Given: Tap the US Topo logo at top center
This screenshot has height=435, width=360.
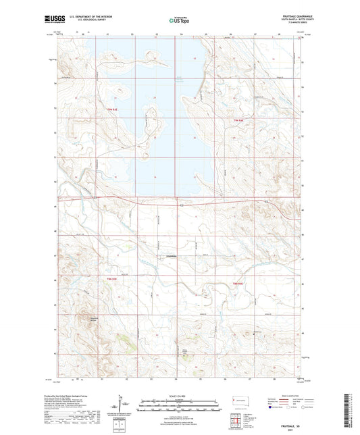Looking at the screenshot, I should coord(180,20).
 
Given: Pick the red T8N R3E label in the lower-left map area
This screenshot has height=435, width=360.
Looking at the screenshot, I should coord(112,279).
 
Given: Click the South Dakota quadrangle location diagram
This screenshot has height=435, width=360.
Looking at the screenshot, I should coord(241,403).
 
